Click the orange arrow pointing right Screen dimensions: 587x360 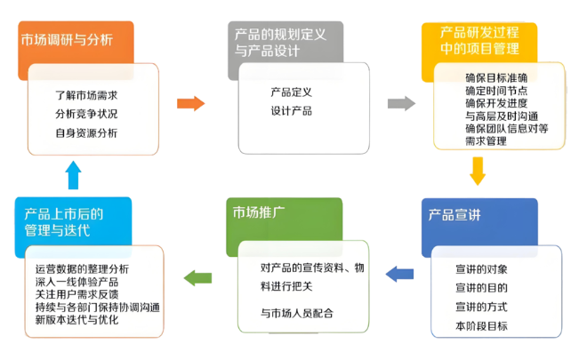pos(191,103)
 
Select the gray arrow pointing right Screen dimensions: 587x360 pos(401,103)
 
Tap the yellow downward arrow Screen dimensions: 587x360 pos(478,172)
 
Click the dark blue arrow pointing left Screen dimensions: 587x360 pos(399,274)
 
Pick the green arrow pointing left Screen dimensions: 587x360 pos(197,278)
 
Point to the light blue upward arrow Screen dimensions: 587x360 pos(73,175)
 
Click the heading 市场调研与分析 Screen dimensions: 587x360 pos(67,40)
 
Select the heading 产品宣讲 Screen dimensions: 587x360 pos(454,215)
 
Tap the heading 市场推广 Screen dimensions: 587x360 pos(259,212)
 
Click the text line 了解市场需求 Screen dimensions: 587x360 pos(86,95)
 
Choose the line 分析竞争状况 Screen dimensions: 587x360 pos(86,114)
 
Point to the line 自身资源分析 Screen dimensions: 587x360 pos(86,132)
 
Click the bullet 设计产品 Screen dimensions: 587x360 pos(291,111)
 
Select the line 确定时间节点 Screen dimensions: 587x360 pos(496,91)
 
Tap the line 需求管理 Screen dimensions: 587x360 pos(486,141)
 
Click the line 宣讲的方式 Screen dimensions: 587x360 pos(481,307)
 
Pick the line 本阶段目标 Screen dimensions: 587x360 pos(481,326)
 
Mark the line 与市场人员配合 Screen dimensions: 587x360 pos(297,313)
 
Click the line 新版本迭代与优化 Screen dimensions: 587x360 pos(76,320)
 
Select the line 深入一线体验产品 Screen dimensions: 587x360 pos(76,282)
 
